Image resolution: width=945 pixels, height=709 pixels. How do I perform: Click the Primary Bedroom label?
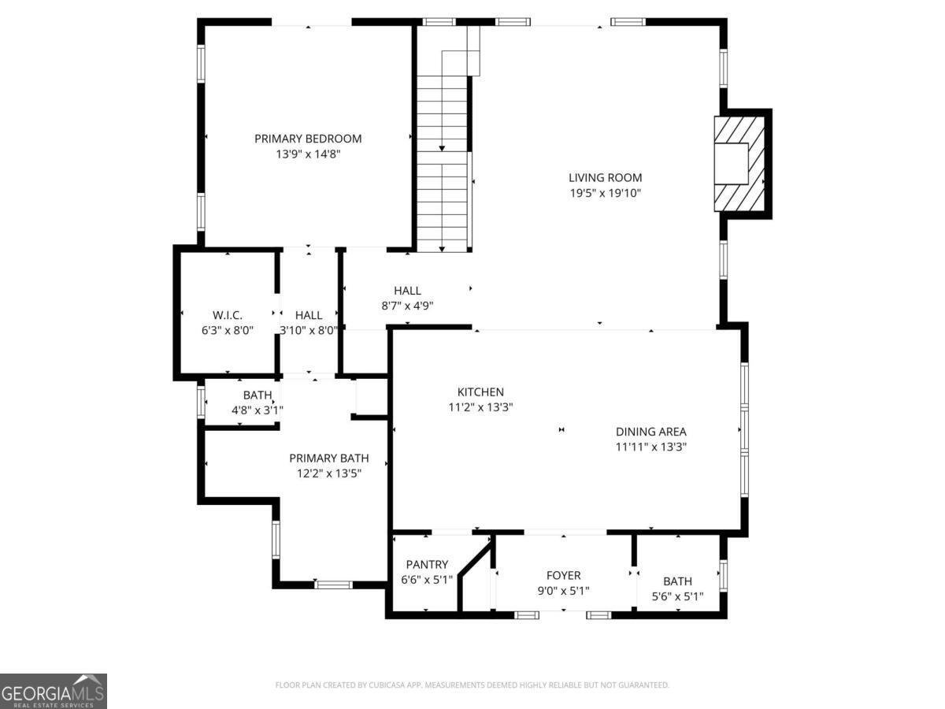click(x=308, y=139)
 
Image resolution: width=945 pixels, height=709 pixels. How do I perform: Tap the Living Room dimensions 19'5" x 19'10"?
click(x=605, y=193)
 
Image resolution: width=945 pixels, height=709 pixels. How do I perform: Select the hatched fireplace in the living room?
click(x=739, y=164)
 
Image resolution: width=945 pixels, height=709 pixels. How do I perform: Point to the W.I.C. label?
click(x=227, y=315)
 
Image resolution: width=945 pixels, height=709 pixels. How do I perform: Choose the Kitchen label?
click(x=480, y=392)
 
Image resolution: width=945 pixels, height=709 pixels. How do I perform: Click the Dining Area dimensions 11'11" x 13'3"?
click(x=651, y=447)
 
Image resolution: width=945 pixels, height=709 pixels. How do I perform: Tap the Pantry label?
click(x=427, y=564)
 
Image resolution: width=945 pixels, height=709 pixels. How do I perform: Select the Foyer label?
click(x=563, y=576)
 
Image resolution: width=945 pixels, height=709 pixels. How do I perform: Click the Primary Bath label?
click(x=328, y=458)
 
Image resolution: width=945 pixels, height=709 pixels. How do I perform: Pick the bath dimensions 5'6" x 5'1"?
click(x=677, y=596)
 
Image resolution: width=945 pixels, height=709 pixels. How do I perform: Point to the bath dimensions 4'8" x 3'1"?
click(x=257, y=410)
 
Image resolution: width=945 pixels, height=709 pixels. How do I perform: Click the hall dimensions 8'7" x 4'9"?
click(x=407, y=306)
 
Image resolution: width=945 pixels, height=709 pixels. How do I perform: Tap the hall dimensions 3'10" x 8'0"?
click(x=309, y=331)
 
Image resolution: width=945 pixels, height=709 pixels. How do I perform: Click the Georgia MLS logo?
click(x=54, y=691)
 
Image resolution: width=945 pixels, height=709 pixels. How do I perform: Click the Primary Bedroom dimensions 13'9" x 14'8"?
click(x=308, y=154)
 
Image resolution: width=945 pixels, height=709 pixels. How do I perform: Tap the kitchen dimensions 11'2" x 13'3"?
click(x=480, y=407)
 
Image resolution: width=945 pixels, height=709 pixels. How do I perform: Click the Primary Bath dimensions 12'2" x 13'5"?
click(x=328, y=473)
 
